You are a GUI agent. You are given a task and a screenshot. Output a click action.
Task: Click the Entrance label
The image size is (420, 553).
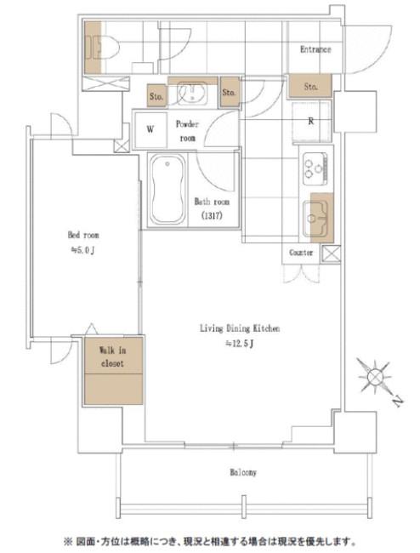315,49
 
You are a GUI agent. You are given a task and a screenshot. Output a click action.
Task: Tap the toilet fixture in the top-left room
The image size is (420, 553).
101,48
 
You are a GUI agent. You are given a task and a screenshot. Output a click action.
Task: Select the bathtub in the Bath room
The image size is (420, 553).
167,190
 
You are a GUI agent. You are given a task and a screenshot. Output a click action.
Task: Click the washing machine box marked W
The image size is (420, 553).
150,129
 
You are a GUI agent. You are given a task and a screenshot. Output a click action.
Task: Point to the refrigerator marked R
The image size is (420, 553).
311,122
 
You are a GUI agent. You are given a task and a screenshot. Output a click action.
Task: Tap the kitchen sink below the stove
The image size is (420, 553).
316,219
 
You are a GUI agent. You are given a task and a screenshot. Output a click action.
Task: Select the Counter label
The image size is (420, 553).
301,253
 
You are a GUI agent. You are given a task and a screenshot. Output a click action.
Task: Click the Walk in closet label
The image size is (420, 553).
113,356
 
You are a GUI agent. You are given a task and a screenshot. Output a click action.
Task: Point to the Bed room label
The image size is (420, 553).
83,235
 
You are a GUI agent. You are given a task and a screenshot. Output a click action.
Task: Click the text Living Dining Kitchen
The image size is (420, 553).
240,328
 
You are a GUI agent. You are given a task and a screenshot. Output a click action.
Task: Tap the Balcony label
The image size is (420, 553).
243,472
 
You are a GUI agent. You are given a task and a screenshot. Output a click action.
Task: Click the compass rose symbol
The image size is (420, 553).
374,377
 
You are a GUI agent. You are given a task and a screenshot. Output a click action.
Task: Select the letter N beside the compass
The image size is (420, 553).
398,402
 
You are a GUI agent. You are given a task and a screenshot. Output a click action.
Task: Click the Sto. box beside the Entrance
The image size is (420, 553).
310,86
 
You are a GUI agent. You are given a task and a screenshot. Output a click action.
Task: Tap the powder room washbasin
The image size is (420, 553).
192,93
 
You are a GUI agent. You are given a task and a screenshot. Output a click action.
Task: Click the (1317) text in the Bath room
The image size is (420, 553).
212,216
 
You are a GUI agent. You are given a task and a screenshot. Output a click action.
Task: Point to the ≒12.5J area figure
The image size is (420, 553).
240,344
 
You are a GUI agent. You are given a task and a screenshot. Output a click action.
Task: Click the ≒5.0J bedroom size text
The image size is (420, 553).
83,250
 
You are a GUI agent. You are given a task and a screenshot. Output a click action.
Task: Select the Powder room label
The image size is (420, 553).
187,131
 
